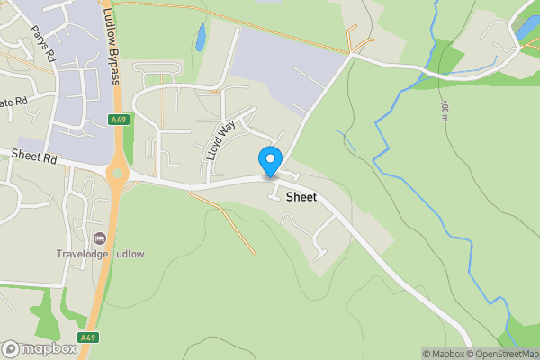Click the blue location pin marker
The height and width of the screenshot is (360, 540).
pyautogui.click(x=270, y=161)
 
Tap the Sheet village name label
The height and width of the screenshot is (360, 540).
pyautogui.click(x=301, y=196)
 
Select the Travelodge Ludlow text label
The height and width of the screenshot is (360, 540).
pyautogui.click(x=99, y=254)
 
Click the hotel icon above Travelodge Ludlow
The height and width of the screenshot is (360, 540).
pyautogui.click(x=99, y=238)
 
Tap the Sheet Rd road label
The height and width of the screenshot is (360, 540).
pyautogui.click(x=34, y=156)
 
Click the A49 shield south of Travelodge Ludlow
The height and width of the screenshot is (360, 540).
pyautogui.click(x=87, y=337)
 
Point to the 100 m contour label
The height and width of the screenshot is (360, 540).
pyautogui.click(x=445, y=112)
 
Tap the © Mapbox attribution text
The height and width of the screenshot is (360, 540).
pyautogui.click(x=445, y=354)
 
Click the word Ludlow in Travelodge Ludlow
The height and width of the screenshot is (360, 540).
pyautogui.click(x=125, y=254)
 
